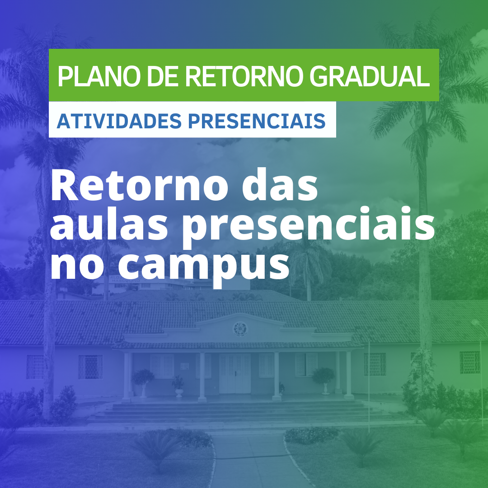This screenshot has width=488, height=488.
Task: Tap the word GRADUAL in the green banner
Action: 370,76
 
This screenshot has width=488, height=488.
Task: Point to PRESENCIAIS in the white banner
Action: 257,121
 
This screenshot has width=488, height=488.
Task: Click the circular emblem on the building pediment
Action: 240,329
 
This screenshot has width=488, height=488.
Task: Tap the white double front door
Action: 235,373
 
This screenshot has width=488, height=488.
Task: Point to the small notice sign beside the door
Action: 184,366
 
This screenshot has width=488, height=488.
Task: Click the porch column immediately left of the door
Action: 202,376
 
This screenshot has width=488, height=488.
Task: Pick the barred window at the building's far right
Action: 470,362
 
